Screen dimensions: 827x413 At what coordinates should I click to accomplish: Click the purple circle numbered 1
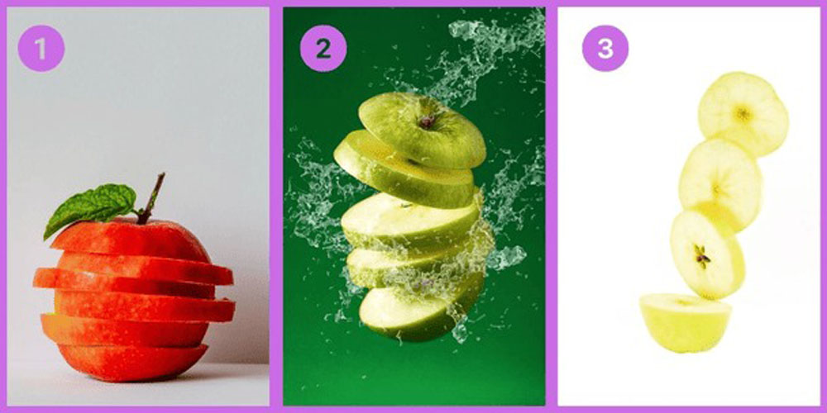[x=41, y=49]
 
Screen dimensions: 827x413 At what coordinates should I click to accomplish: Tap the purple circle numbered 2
[x=323, y=49]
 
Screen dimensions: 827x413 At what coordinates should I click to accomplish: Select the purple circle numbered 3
[x=605, y=49]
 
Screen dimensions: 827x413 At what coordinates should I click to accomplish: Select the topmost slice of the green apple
[x=422, y=130]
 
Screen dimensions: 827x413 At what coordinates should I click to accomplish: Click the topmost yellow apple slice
[x=743, y=114]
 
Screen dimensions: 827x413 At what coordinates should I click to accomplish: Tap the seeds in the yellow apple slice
[x=701, y=256]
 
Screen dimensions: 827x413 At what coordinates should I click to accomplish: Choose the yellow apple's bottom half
[x=685, y=322]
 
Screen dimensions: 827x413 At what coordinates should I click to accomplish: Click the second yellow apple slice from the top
[x=720, y=184]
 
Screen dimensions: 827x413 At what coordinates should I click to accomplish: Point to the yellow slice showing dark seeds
[x=707, y=255]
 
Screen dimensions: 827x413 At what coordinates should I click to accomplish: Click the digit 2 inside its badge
[x=323, y=49]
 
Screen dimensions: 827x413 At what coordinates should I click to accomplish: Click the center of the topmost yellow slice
[x=743, y=113]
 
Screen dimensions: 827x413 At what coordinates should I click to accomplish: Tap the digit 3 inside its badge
[x=605, y=49]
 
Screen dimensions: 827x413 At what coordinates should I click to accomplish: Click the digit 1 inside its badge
[x=41, y=49]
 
